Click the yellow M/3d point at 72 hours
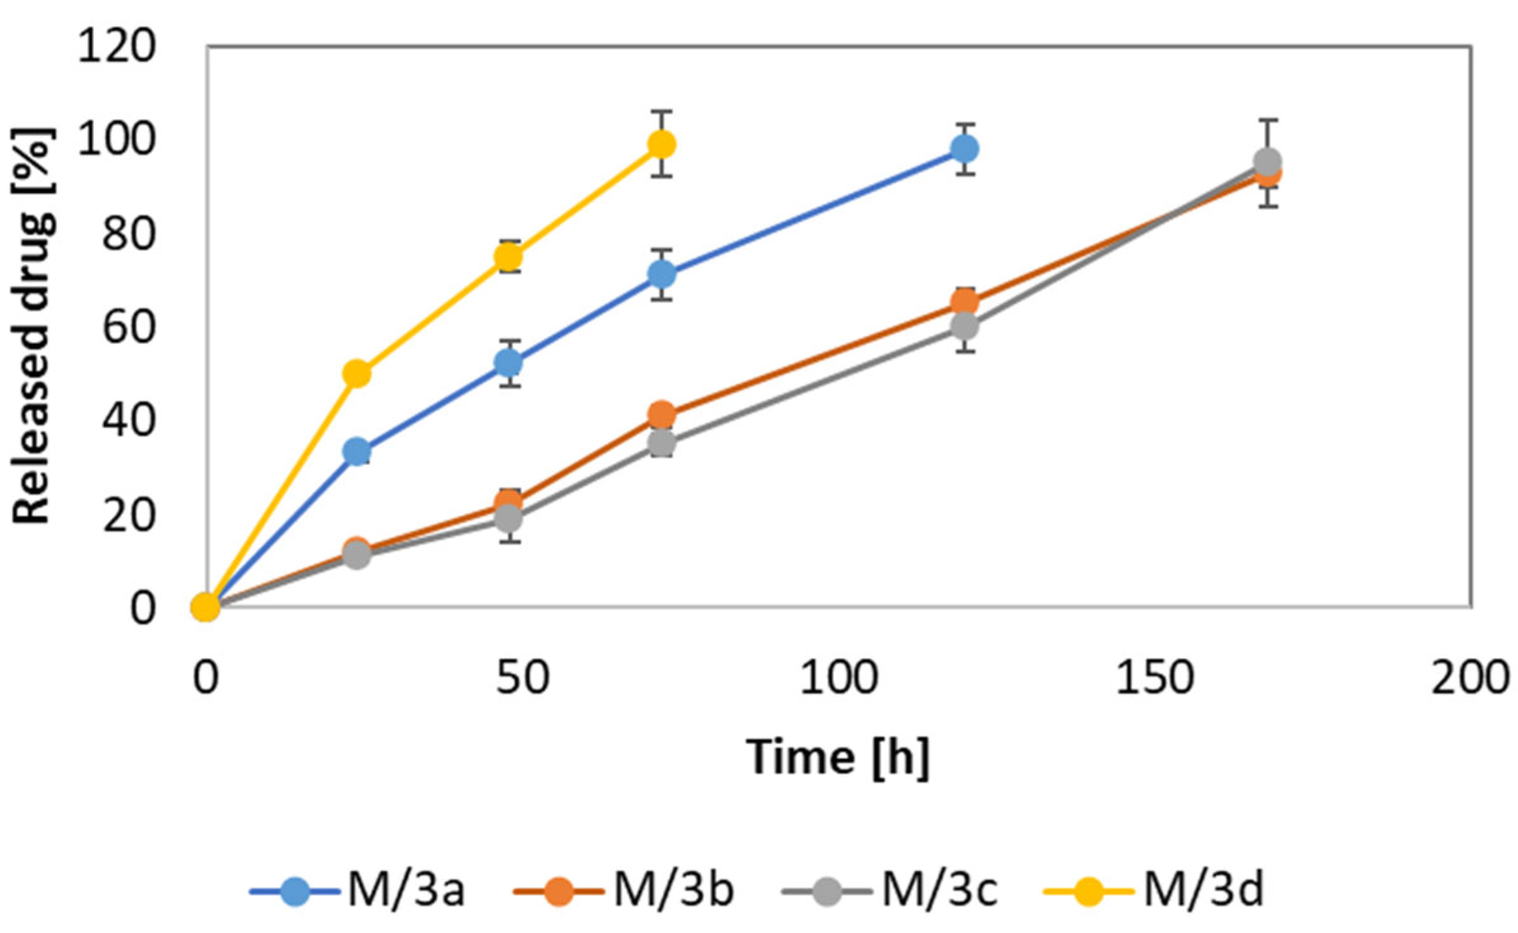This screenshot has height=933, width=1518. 661,145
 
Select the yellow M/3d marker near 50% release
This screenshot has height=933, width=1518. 357,374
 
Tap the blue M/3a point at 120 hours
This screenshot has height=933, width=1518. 964,149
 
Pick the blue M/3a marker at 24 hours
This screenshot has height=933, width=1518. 357,451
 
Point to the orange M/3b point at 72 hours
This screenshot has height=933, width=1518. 661,415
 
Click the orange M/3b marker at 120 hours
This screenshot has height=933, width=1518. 964,301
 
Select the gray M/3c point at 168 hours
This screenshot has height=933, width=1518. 1267,162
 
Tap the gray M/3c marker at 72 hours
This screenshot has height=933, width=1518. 661,443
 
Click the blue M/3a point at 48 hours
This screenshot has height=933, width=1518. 508,363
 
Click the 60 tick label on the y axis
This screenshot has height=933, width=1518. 129,327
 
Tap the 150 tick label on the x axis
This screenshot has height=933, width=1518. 1154,678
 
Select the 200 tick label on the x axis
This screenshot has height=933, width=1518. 1470,678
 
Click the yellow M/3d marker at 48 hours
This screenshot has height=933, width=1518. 508,257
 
